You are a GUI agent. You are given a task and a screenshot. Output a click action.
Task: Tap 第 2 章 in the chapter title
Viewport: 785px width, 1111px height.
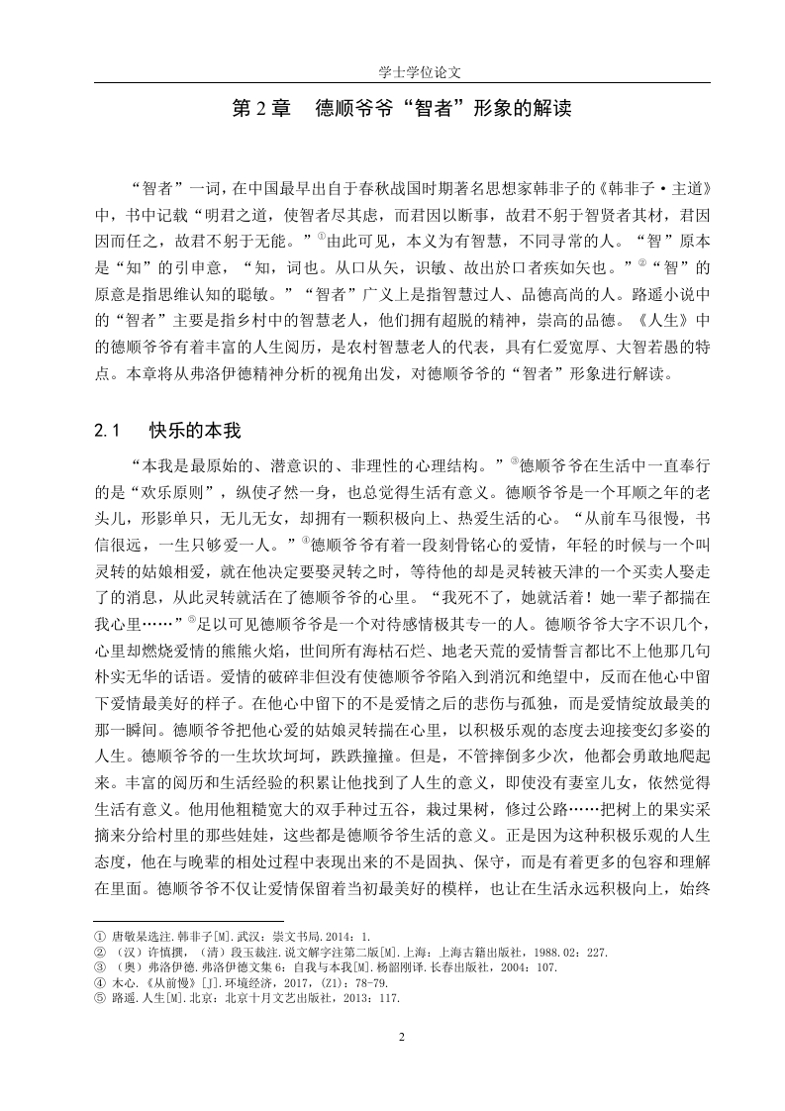pos(261,108)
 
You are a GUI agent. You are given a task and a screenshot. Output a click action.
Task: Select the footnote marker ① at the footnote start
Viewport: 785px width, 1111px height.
pos(99,935)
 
